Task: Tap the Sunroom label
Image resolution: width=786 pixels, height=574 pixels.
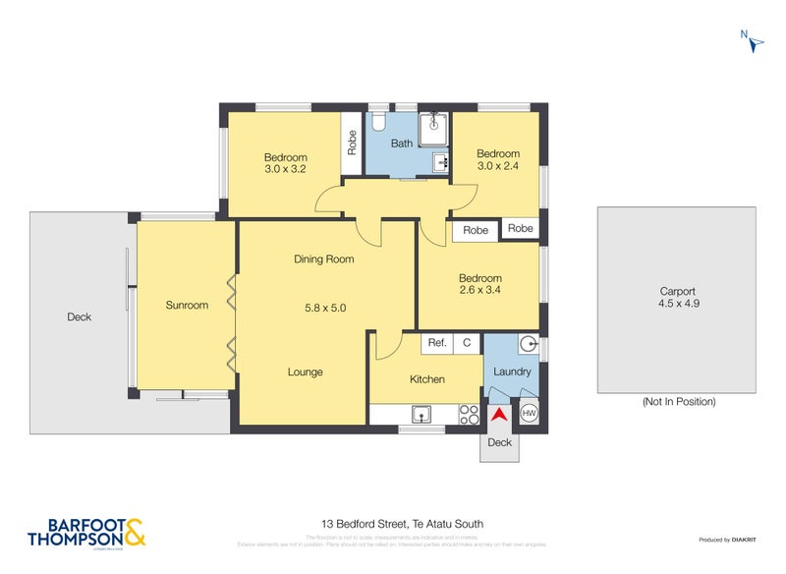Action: coord(187,306)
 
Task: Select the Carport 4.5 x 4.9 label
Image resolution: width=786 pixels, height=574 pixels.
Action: coord(677,297)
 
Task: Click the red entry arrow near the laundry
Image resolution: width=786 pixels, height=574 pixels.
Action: coord(499,415)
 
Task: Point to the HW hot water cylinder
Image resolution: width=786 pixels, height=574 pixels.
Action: coord(529,414)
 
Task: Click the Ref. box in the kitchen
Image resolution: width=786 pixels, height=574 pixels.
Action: coord(437,343)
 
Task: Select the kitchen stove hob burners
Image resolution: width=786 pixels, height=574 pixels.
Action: coord(470,415)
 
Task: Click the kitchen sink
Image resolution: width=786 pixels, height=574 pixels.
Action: coord(423,414)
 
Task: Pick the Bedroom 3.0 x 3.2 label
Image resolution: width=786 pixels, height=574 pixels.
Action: coord(285,163)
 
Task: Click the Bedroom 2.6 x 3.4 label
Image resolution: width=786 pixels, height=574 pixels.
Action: coord(479,284)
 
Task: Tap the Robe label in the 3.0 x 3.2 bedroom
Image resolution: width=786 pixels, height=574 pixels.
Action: coord(351,143)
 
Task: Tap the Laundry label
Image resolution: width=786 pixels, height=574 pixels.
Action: coord(512,372)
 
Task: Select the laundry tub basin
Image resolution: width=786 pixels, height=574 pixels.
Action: coord(528,344)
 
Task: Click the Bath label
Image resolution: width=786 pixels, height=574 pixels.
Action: coord(402,143)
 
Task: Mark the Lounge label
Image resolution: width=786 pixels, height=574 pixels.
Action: coord(305,373)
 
